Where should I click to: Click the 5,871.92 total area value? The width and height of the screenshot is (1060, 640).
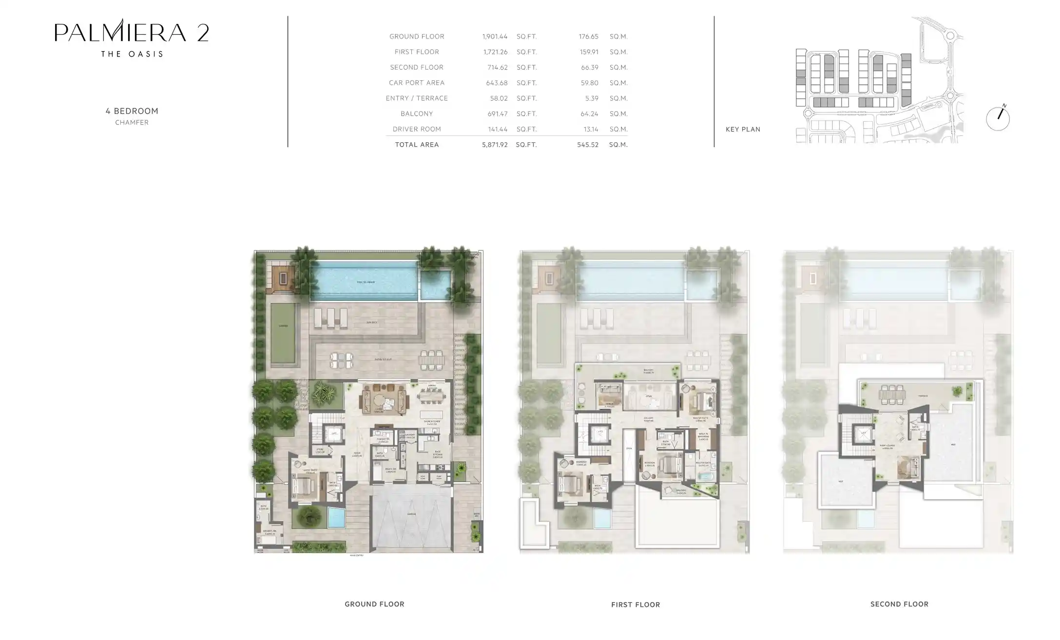point(495,145)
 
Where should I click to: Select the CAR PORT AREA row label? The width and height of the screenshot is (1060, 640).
point(417,83)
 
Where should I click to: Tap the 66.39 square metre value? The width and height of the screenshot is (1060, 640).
point(589,67)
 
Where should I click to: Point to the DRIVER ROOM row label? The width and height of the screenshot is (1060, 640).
point(417,129)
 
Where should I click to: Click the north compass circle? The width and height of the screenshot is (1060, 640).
point(998,119)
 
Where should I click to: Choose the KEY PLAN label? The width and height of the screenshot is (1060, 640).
point(743,129)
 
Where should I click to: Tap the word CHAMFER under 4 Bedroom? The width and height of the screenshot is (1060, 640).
point(132,122)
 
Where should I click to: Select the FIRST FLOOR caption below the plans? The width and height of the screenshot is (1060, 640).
point(636,604)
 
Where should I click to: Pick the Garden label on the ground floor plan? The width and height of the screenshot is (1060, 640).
point(283,326)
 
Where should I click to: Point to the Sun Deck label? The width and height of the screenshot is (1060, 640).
point(372,322)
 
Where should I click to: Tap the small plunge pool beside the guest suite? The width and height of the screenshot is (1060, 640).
point(336,518)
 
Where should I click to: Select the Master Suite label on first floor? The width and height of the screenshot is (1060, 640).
point(701,418)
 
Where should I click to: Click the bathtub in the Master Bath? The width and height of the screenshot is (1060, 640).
point(704,475)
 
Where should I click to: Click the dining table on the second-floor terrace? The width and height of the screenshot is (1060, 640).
point(892,395)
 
